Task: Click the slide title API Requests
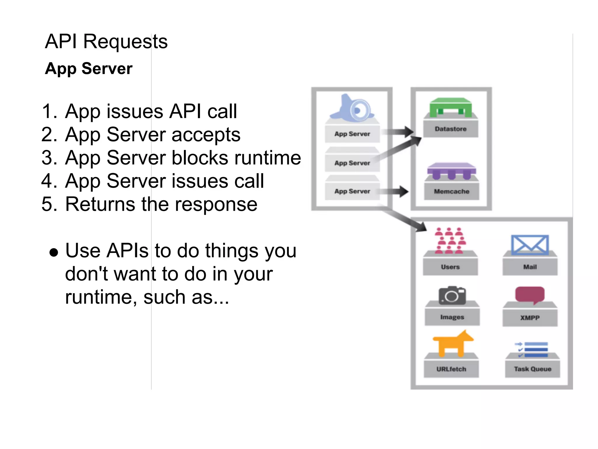click(106, 42)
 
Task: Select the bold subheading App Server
click(89, 69)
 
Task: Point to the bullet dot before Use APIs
click(54, 252)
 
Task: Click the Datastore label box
click(451, 129)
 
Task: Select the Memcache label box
click(451, 191)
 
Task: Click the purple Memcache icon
click(451, 171)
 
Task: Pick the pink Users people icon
click(450, 240)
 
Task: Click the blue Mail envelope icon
click(530, 245)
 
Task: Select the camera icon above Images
click(452, 296)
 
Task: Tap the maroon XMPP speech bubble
click(530, 295)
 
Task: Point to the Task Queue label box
click(532, 369)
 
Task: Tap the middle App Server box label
click(352, 163)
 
